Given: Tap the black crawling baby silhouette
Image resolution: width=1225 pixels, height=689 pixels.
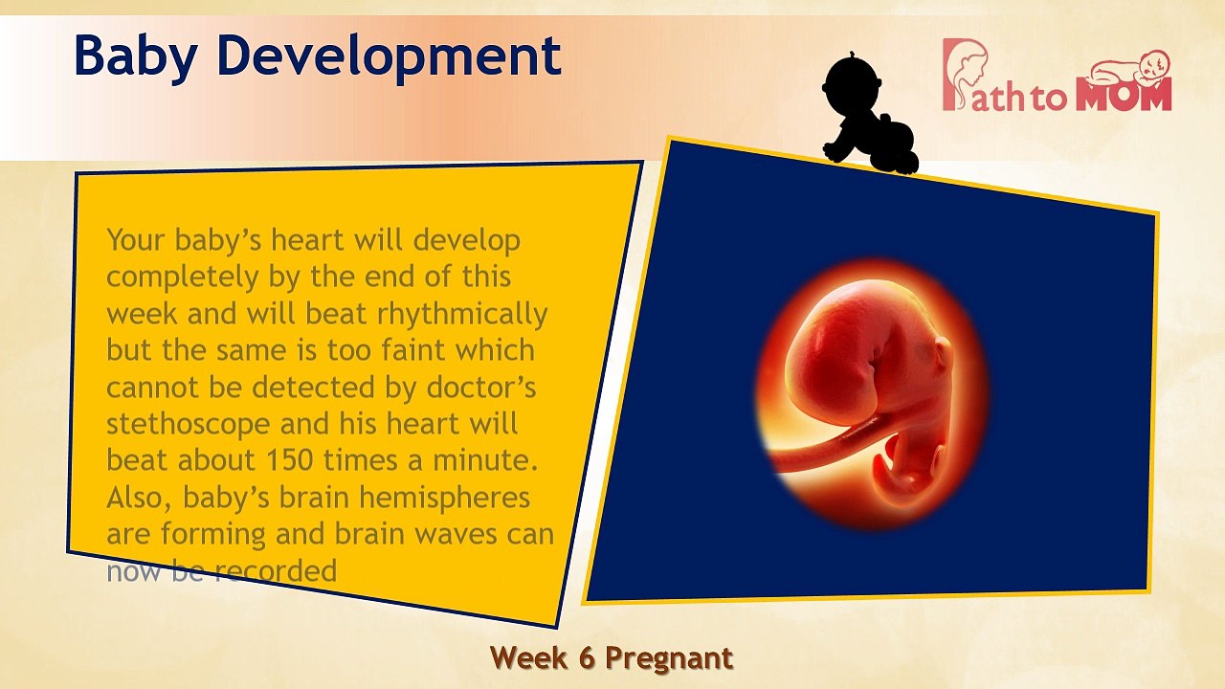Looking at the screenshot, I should [867, 115].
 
